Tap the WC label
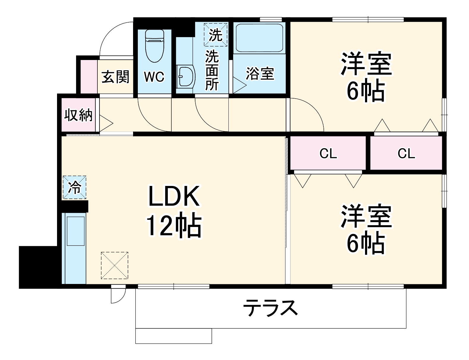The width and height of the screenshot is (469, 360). point(154,77)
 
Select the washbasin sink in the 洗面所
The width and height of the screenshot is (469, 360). point(185,77)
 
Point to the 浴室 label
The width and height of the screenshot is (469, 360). point(260,74)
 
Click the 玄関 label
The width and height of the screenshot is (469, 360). point(116,77)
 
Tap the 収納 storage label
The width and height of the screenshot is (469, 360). point(79,115)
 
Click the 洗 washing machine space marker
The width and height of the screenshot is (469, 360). point(216,35)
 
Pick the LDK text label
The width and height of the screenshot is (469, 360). point(174,197)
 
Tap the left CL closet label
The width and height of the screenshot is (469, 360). point(328,154)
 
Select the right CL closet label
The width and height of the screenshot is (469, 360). point(406,154)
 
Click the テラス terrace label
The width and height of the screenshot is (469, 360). point(270,308)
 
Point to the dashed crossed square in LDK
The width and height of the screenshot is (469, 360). point(114,266)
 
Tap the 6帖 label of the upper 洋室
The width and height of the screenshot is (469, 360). point(366,91)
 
